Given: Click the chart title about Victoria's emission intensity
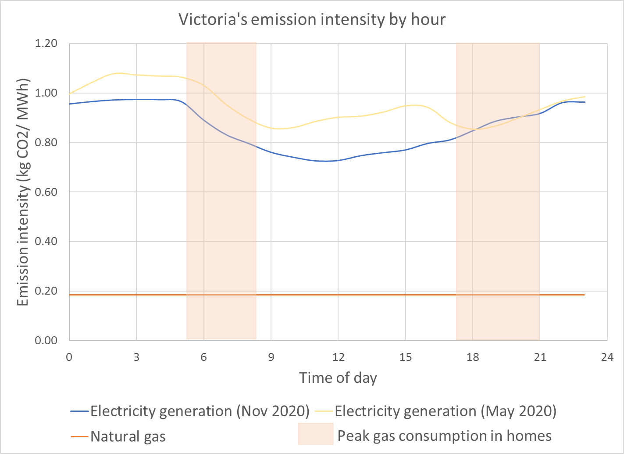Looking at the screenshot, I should (x=312, y=20).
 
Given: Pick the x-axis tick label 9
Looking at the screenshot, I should (x=271, y=357).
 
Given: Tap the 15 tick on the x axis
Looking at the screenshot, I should (x=406, y=357).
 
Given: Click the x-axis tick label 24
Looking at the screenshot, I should (x=607, y=357).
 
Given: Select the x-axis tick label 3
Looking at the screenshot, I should (x=136, y=357).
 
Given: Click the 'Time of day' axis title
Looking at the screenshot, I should (x=338, y=378).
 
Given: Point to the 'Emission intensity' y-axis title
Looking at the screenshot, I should (x=23, y=192).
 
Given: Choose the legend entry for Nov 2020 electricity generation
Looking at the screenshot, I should (x=200, y=411).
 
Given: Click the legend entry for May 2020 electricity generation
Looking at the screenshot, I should (x=445, y=411).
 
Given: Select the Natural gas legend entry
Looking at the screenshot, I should (x=128, y=436).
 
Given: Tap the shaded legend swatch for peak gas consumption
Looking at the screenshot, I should (x=316, y=434).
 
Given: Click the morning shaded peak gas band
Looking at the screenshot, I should (x=221, y=220).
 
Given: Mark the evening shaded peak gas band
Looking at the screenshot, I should (x=498, y=220).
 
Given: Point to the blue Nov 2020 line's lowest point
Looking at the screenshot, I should (x=325, y=161).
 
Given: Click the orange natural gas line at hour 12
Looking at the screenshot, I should (x=338, y=295).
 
